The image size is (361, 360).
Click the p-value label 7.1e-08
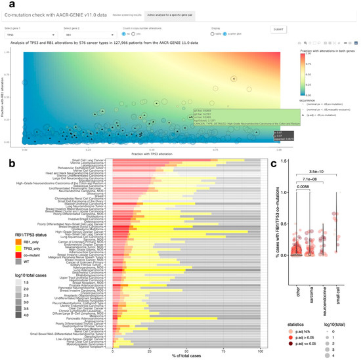(x=311, y=196)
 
